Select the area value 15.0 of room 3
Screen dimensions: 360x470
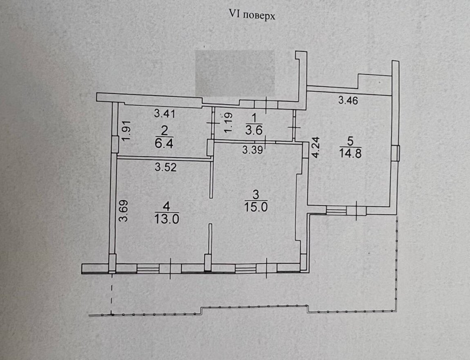(x=255, y=207)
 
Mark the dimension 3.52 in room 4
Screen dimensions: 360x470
(x=166, y=167)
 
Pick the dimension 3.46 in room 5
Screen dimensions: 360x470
(x=348, y=100)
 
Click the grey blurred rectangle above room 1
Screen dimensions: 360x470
(x=235, y=74)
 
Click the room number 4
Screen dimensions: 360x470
(x=167, y=207)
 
